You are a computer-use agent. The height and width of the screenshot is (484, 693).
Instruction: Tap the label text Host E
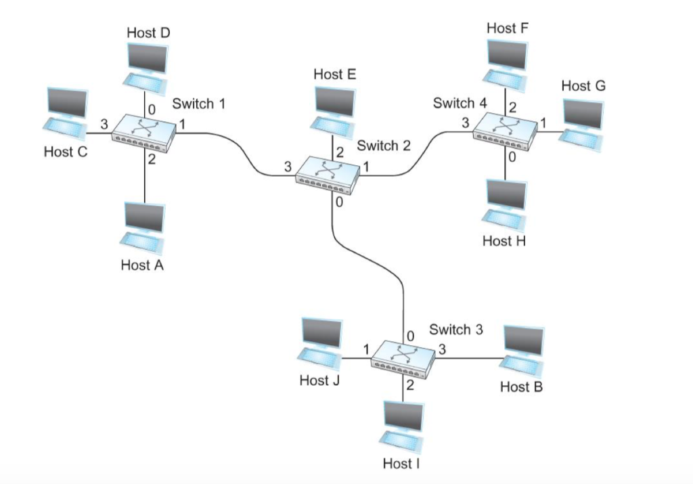point(334,74)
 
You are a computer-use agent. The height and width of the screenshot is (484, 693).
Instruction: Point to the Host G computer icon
point(581,120)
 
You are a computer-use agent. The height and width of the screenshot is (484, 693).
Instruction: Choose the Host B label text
point(521,387)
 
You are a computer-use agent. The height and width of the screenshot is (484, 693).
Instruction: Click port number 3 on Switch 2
point(288,167)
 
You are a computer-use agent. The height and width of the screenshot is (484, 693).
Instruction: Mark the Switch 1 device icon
point(143,133)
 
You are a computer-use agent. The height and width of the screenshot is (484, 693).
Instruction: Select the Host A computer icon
point(143,227)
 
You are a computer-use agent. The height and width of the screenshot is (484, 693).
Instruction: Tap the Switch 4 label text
point(460,104)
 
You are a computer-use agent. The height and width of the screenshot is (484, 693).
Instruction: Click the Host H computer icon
point(505,202)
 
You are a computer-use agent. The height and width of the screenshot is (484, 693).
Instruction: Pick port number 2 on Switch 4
point(513,106)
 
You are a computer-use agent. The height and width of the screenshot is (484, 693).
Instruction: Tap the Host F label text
point(507,28)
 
